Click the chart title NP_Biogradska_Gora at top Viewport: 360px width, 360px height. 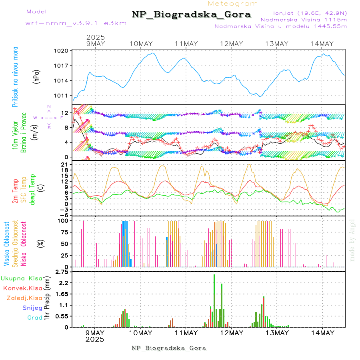click(x=191, y=15)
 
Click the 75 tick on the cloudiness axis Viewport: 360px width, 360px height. click(x=64, y=232)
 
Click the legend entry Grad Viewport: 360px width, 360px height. click(x=35, y=318)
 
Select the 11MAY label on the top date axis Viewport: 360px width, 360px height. click(x=186, y=44)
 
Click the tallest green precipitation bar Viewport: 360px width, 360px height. click(x=214, y=300)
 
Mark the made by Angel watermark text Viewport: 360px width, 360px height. click(x=352, y=240)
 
